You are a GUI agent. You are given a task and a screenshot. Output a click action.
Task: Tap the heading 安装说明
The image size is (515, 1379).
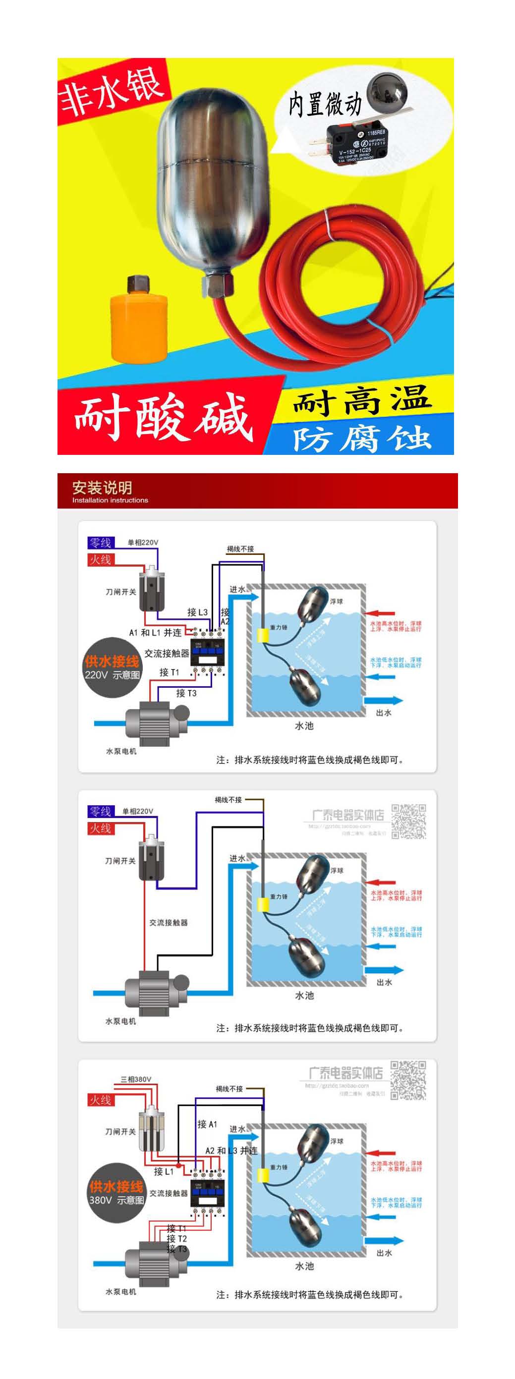[x=102, y=487]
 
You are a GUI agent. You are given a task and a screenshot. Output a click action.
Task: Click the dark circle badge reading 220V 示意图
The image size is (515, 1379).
[x=112, y=667]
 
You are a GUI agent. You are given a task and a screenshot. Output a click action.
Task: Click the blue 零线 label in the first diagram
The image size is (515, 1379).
[x=100, y=543]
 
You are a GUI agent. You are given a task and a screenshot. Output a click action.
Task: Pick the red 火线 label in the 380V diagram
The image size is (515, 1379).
[x=100, y=1100]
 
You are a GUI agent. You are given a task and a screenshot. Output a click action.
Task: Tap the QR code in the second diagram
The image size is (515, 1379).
[x=408, y=821]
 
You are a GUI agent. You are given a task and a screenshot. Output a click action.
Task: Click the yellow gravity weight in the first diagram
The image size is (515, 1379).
[x=263, y=635]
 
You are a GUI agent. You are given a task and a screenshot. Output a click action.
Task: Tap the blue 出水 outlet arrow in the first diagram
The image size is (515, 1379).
[x=383, y=700]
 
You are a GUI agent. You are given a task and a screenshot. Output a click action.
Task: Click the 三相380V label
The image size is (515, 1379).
[x=136, y=1079]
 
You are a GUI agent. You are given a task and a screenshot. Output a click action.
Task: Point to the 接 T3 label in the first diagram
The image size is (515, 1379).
[x=186, y=693]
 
